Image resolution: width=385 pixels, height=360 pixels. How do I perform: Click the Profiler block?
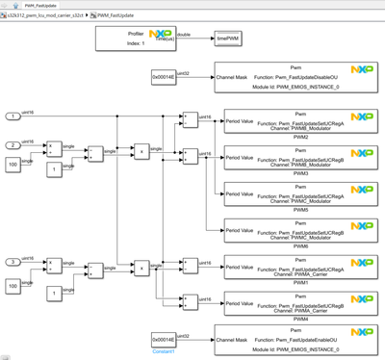point(134,39)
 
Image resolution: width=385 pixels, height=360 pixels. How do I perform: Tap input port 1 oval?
point(14,116)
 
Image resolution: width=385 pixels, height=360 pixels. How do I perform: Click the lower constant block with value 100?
point(14,286)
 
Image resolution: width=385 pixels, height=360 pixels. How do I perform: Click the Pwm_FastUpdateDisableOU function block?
point(299,77)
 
